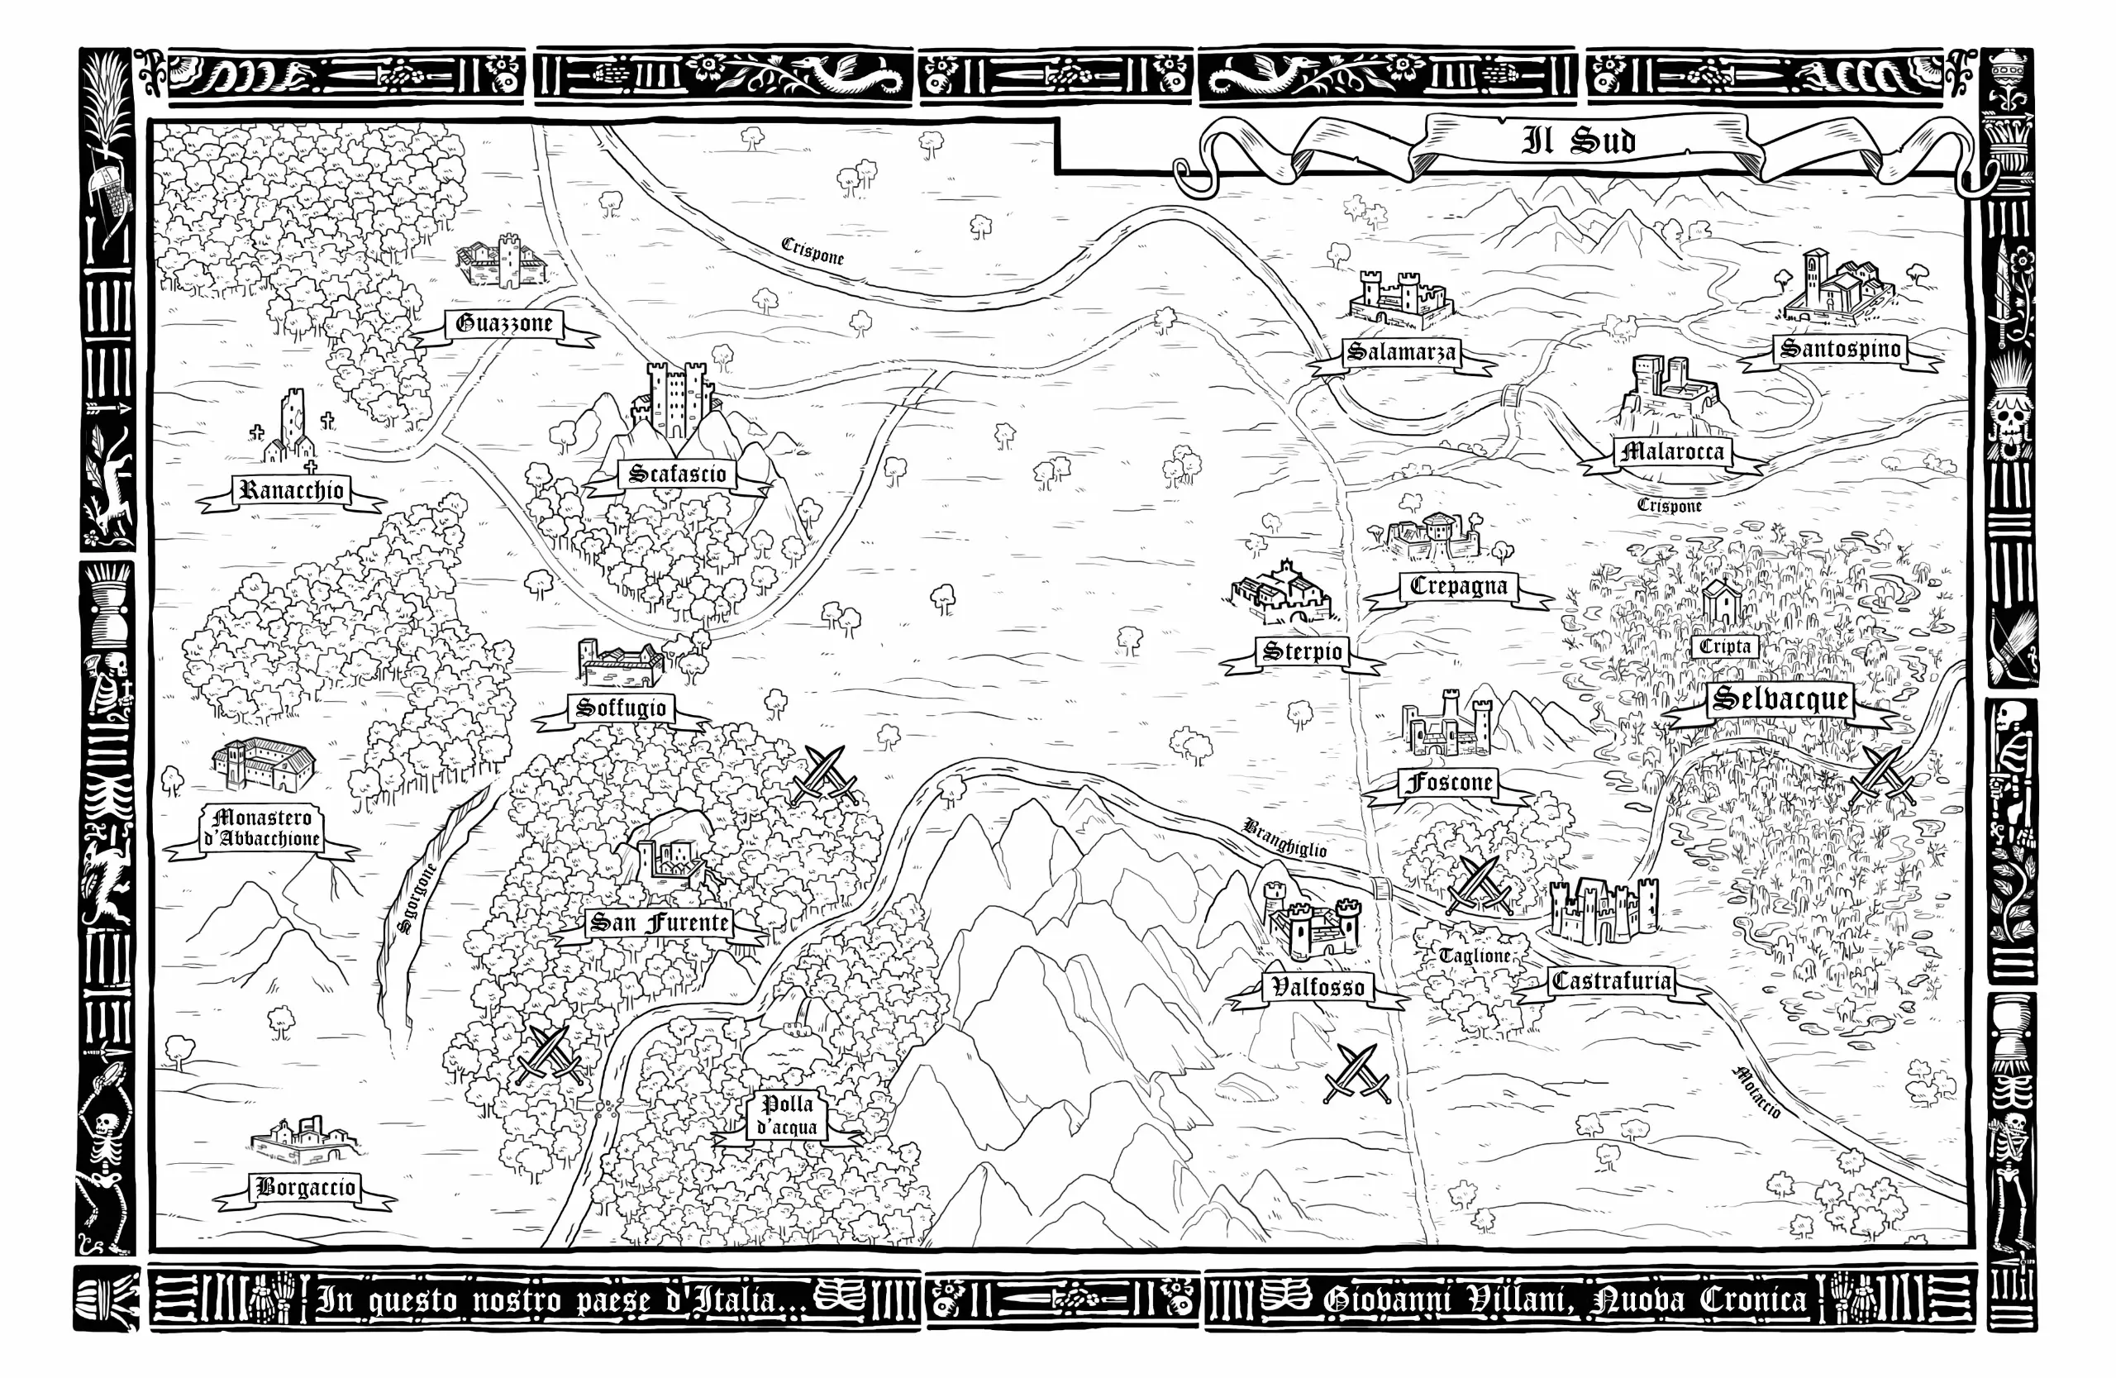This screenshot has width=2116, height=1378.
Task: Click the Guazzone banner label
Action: point(504,323)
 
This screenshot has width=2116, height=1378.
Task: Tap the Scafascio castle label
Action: point(678,474)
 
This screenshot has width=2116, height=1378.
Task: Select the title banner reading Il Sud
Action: point(1578,141)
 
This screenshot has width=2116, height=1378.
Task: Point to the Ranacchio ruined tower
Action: point(290,427)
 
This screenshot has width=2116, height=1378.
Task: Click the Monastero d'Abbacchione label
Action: point(261,828)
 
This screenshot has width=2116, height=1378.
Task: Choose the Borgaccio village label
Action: point(305,1187)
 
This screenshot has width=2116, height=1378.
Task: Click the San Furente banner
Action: point(659,923)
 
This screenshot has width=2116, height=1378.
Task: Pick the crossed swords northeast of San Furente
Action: point(824,775)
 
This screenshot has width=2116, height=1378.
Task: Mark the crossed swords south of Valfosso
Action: point(1356,1073)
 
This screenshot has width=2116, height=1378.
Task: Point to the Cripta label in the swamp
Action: point(1724,646)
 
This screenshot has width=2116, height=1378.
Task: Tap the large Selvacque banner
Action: point(1780,699)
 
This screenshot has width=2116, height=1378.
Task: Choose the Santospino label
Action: point(1841,349)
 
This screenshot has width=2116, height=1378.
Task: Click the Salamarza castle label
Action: point(1401,352)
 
